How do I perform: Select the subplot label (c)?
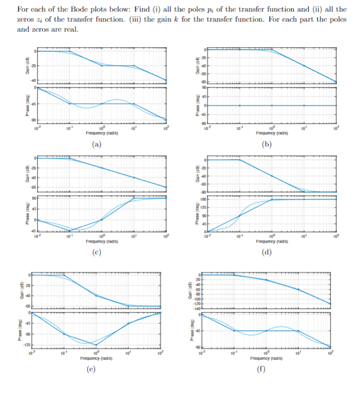coord(97,252)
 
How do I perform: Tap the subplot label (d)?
coord(267,252)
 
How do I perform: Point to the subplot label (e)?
coord(97,370)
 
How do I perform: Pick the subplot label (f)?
coord(267,370)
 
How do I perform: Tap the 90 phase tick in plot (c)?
coord(34,199)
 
